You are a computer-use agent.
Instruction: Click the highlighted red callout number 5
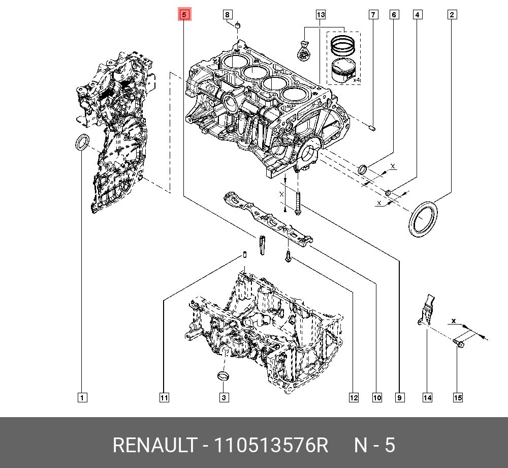click(x=184, y=15)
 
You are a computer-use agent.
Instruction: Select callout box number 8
click(x=228, y=15)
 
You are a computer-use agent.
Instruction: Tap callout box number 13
click(x=321, y=15)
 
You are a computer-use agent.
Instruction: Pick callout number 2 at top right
click(x=452, y=15)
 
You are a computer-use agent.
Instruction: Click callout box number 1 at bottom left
click(x=82, y=397)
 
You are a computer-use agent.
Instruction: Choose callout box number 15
click(x=458, y=397)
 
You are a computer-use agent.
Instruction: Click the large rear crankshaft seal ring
click(x=423, y=219)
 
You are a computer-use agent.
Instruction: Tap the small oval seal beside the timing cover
click(x=81, y=143)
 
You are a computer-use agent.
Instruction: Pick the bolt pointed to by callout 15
click(x=459, y=345)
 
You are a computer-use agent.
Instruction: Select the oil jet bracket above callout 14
click(x=428, y=309)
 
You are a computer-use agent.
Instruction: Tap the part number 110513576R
click(x=271, y=445)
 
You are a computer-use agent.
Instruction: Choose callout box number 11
click(x=164, y=397)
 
